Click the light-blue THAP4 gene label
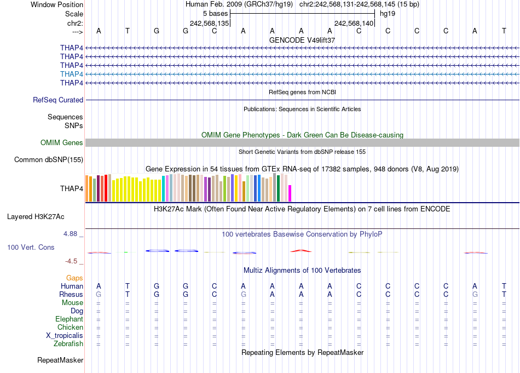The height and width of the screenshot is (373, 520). (x=72, y=74)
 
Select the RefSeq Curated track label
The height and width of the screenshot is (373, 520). (x=58, y=100)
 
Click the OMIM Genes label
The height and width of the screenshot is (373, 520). (x=62, y=143)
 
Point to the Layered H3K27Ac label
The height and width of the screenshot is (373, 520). (x=36, y=217)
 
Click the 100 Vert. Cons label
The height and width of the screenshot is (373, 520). (x=31, y=248)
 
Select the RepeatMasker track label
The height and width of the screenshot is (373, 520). (x=60, y=360)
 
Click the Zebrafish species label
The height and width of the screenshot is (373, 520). (x=68, y=344)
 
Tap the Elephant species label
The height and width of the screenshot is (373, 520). (x=69, y=319)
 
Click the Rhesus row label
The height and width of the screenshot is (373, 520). (x=71, y=295)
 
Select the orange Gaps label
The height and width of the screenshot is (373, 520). (x=74, y=278)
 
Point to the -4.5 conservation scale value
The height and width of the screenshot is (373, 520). (x=74, y=261)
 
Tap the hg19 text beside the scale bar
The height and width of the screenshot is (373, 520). (x=388, y=13)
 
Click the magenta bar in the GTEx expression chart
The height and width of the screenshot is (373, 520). (x=290, y=193)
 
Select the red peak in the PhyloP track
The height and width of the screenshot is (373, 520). (x=301, y=250)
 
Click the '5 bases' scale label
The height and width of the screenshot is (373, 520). (x=215, y=13)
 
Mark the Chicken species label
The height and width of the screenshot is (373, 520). (x=70, y=328)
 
